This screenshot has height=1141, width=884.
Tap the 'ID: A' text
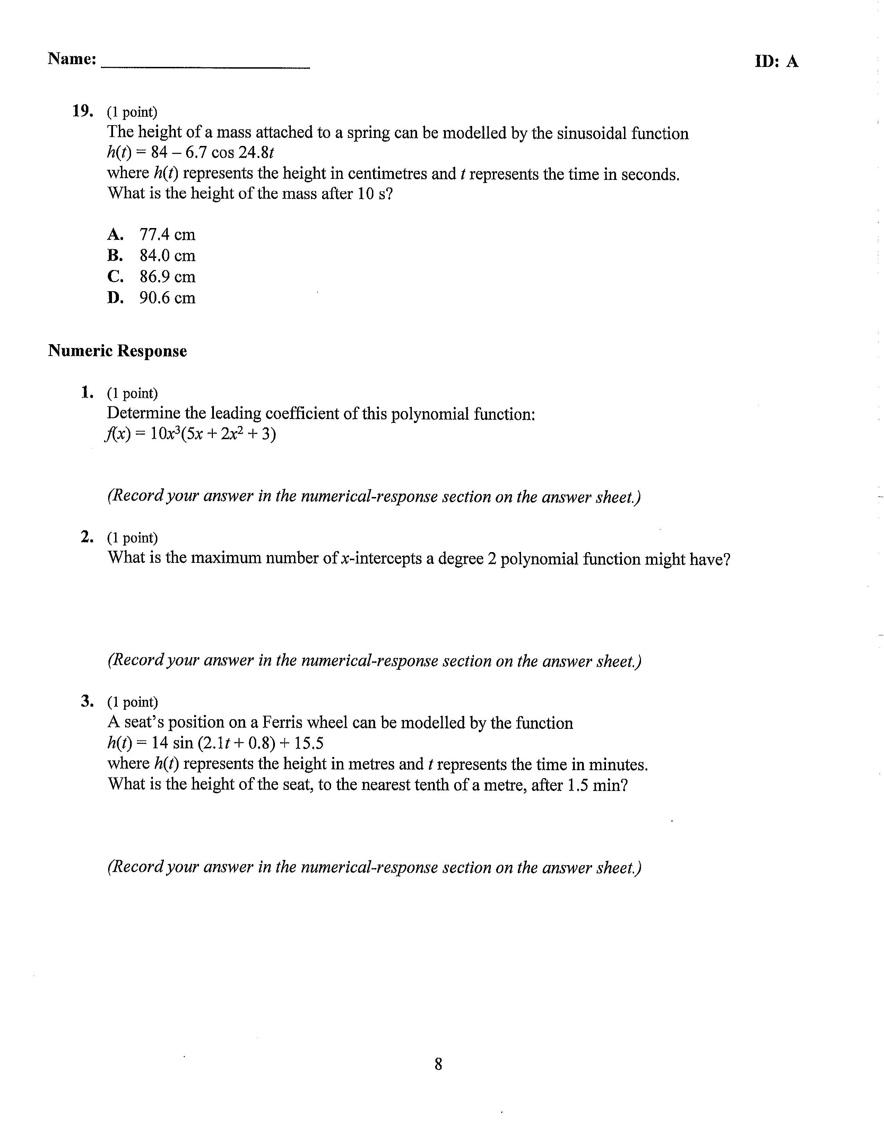coord(777,62)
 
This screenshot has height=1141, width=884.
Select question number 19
coord(83,111)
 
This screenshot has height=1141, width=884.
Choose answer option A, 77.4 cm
coord(151,235)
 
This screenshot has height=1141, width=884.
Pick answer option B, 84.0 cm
coord(151,255)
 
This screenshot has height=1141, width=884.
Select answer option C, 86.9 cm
coord(151,276)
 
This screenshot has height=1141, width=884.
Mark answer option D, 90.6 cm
coord(151,298)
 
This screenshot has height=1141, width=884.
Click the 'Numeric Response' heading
coord(117,350)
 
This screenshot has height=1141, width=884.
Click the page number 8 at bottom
coord(438,1064)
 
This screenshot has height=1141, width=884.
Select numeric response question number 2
coord(87,537)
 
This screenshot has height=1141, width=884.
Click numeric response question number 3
coord(87,701)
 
